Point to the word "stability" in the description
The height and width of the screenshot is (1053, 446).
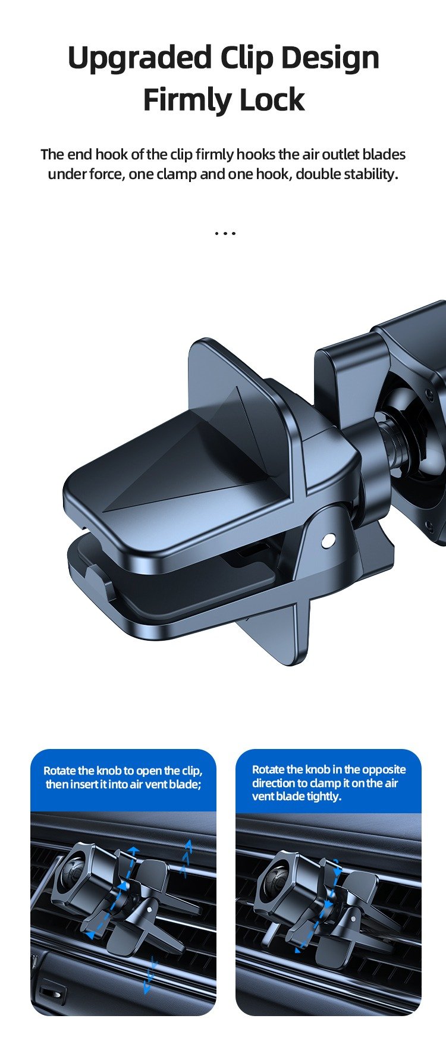pyautogui.click(x=372, y=174)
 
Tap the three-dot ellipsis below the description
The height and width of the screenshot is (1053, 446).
pyautogui.click(x=225, y=233)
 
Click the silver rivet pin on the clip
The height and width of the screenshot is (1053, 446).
pyautogui.click(x=326, y=541)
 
